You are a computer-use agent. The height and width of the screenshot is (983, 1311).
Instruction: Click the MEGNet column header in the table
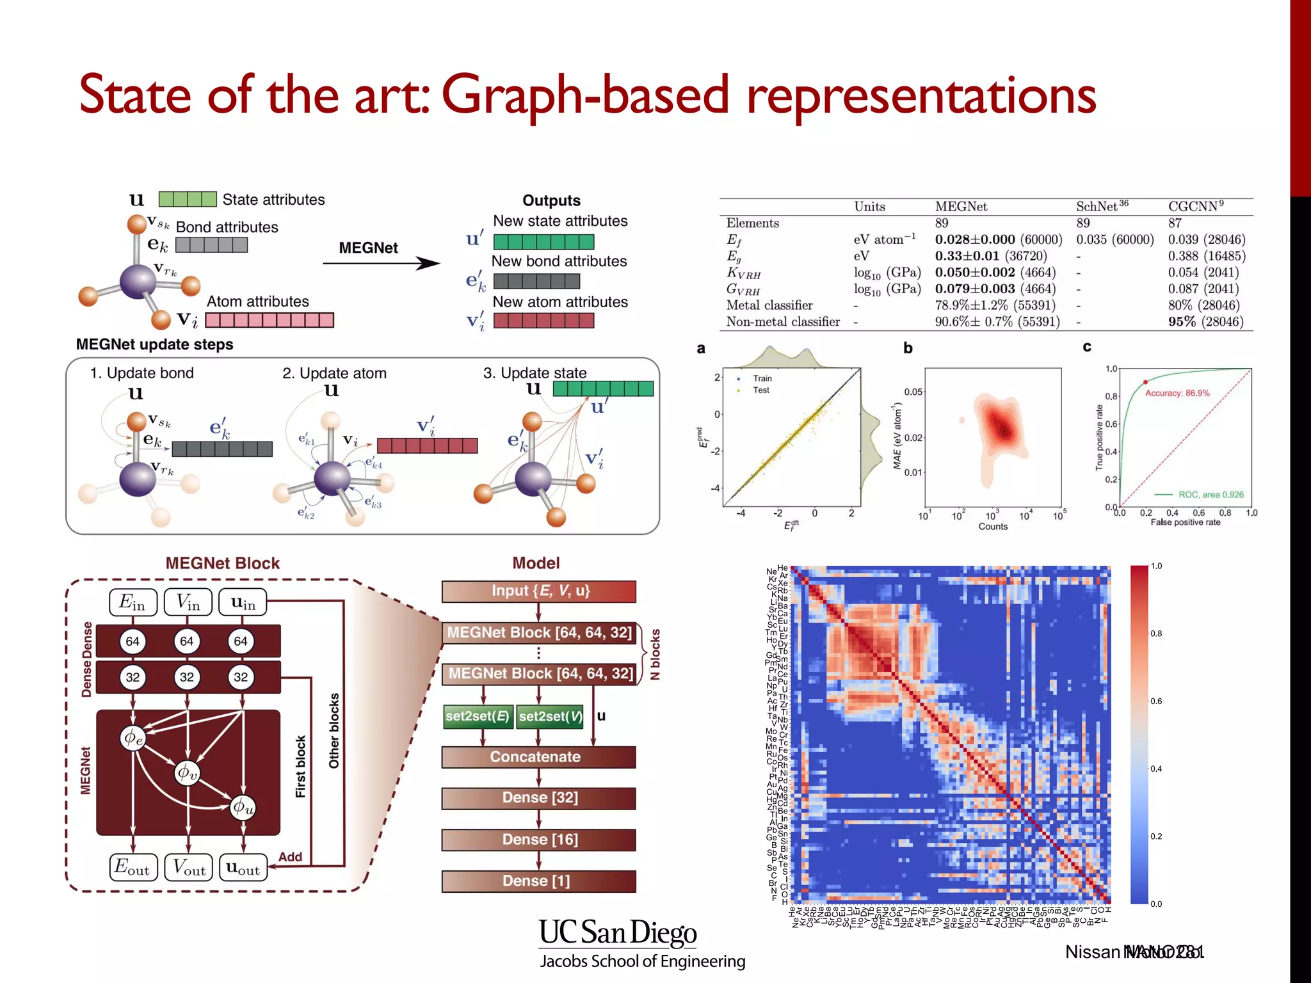click(x=961, y=207)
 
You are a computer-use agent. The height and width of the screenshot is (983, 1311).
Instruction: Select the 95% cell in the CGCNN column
click(x=1182, y=321)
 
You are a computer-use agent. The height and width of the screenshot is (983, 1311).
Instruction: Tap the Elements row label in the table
click(x=752, y=223)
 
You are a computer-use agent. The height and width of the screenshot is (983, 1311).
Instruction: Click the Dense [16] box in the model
click(x=539, y=839)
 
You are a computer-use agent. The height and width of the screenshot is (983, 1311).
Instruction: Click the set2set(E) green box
click(x=478, y=716)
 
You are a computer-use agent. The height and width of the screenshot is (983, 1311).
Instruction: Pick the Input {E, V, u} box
click(x=539, y=591)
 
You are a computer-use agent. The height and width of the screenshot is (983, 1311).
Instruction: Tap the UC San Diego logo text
click(x=618, y=932)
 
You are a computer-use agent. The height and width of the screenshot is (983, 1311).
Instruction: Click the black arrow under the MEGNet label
click(x=382, y=263)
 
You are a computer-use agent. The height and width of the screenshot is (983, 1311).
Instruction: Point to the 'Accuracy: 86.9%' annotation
click(x=1177, y=393)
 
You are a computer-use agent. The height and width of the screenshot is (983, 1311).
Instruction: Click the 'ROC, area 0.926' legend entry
click(x=1210, y=495)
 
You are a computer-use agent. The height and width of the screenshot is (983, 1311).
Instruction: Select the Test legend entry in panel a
click(x=760, y=390)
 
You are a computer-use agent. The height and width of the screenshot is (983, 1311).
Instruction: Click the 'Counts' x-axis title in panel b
click(x=993, y=527)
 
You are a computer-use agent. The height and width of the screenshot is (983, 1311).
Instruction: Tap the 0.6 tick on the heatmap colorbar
click(x=1156, y=701)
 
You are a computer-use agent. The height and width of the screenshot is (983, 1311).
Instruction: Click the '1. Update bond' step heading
click(x=141, y=373)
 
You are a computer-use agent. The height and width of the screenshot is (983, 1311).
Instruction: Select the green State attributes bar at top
click(x=188, y=199)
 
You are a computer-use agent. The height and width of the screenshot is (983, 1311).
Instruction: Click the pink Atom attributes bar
click(x=269, y=320)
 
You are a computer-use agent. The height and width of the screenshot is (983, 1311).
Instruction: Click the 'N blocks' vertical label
click(x=655, y=654)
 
